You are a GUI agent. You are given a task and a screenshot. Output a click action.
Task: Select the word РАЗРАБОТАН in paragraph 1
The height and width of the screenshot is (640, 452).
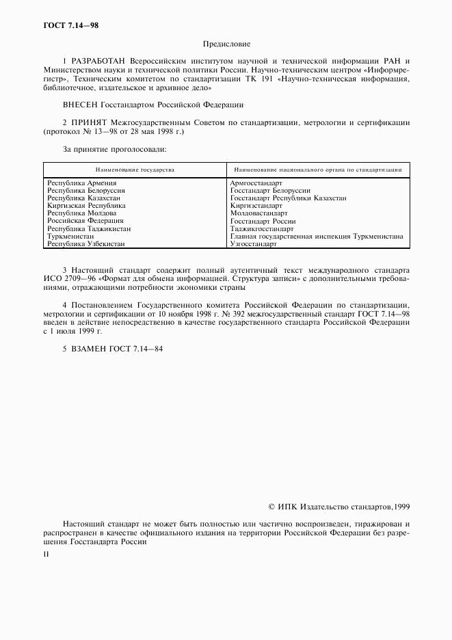98,62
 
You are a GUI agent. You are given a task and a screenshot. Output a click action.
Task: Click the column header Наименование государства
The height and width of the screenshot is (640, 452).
135,170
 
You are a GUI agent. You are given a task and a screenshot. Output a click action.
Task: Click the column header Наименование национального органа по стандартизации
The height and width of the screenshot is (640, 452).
318,170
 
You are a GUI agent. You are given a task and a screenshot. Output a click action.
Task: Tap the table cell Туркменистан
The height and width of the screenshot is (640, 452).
70,236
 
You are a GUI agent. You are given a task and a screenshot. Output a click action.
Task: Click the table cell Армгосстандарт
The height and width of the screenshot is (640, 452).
256,183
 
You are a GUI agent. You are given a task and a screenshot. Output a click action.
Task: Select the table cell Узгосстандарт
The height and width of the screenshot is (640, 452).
253,243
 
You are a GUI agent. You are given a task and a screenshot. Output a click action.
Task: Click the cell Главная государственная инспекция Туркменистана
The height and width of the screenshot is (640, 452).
317,236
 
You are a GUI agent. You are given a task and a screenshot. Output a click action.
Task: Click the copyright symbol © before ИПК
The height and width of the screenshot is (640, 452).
272,507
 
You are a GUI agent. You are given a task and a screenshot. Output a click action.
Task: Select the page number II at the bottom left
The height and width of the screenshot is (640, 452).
46,555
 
